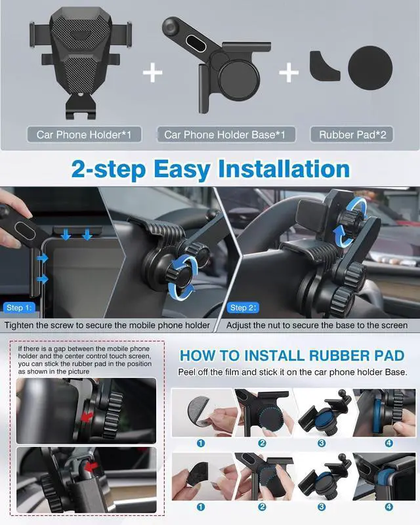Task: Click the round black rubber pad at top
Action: (370, 68)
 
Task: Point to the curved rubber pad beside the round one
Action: (325, 65)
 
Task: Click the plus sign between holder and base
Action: (152, 72)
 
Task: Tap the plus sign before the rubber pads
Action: (289, 72)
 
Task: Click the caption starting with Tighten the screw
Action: (108, 325)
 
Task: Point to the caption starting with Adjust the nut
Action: (317, 325)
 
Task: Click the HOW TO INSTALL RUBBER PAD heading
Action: (292, 355)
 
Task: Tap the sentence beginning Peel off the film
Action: (292, 372)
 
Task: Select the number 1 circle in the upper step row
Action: (201, 443)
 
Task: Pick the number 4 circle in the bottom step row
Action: (388, 507)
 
